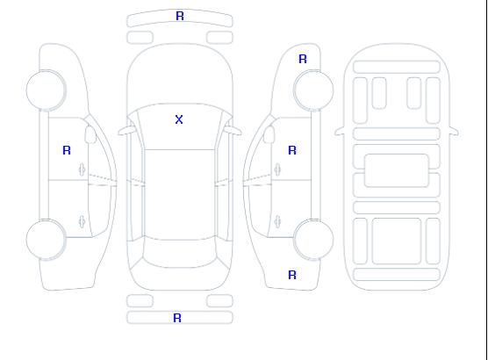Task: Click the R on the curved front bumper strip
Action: pos(180,16)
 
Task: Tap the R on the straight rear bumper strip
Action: pos(177,318)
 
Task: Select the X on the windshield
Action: pos(179,119)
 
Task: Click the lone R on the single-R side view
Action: pos(67,150)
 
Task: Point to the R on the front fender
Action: pos(303,59)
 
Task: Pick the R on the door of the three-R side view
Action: pos(292,150)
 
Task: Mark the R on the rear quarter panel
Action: pos(292,275)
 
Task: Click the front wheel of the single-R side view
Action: pos(46,90)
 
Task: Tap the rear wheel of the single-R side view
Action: pos(46,240)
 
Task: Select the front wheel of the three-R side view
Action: pos(313,90)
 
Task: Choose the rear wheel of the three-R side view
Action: pos(313,240)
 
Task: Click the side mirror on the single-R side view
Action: pos(90,134)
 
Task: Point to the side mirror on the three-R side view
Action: pos(269,134)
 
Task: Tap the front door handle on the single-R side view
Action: pos(83,169)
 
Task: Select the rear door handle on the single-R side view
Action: pos(83,221)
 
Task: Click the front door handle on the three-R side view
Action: pos(277,169)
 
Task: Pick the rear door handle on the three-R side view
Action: pos(277,221)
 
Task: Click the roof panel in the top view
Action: pos(180,194)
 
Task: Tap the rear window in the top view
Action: pos(180,253)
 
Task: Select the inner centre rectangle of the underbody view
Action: pos(396,170)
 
